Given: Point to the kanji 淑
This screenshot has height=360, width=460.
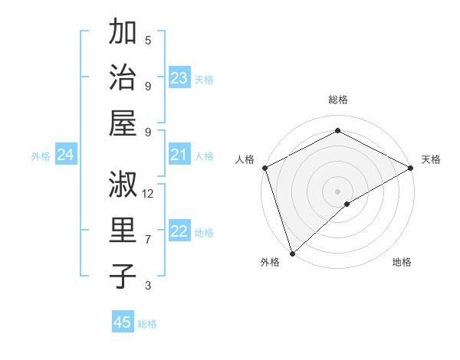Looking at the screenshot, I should [x=123, y=186].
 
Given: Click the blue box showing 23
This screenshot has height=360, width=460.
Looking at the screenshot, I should [x=179, y=77].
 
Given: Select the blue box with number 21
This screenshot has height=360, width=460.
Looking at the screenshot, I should [x=179, y=155].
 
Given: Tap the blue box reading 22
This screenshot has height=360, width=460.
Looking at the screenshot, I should [x=179, y=232].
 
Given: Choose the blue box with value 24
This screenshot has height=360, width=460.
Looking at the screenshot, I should [x=66, y=155].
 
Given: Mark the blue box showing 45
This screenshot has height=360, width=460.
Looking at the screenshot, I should [x=123, y=322].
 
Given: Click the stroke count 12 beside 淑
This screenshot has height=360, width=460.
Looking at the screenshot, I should [x=148, y=194].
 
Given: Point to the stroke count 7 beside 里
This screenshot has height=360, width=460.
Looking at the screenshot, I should [x=148, y=240].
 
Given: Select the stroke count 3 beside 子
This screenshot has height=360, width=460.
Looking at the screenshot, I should [x=148, y=286].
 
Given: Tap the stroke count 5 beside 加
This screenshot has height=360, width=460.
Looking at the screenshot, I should [x=148, y=40].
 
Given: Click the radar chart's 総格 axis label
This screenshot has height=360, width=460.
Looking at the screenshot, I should [x=337, y=100].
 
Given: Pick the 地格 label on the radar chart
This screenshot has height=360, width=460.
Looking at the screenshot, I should [x=402, y=262].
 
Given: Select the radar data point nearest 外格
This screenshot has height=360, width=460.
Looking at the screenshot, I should [x=292, y=253].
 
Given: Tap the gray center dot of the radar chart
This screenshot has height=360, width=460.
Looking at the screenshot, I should [x=337, y=191].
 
